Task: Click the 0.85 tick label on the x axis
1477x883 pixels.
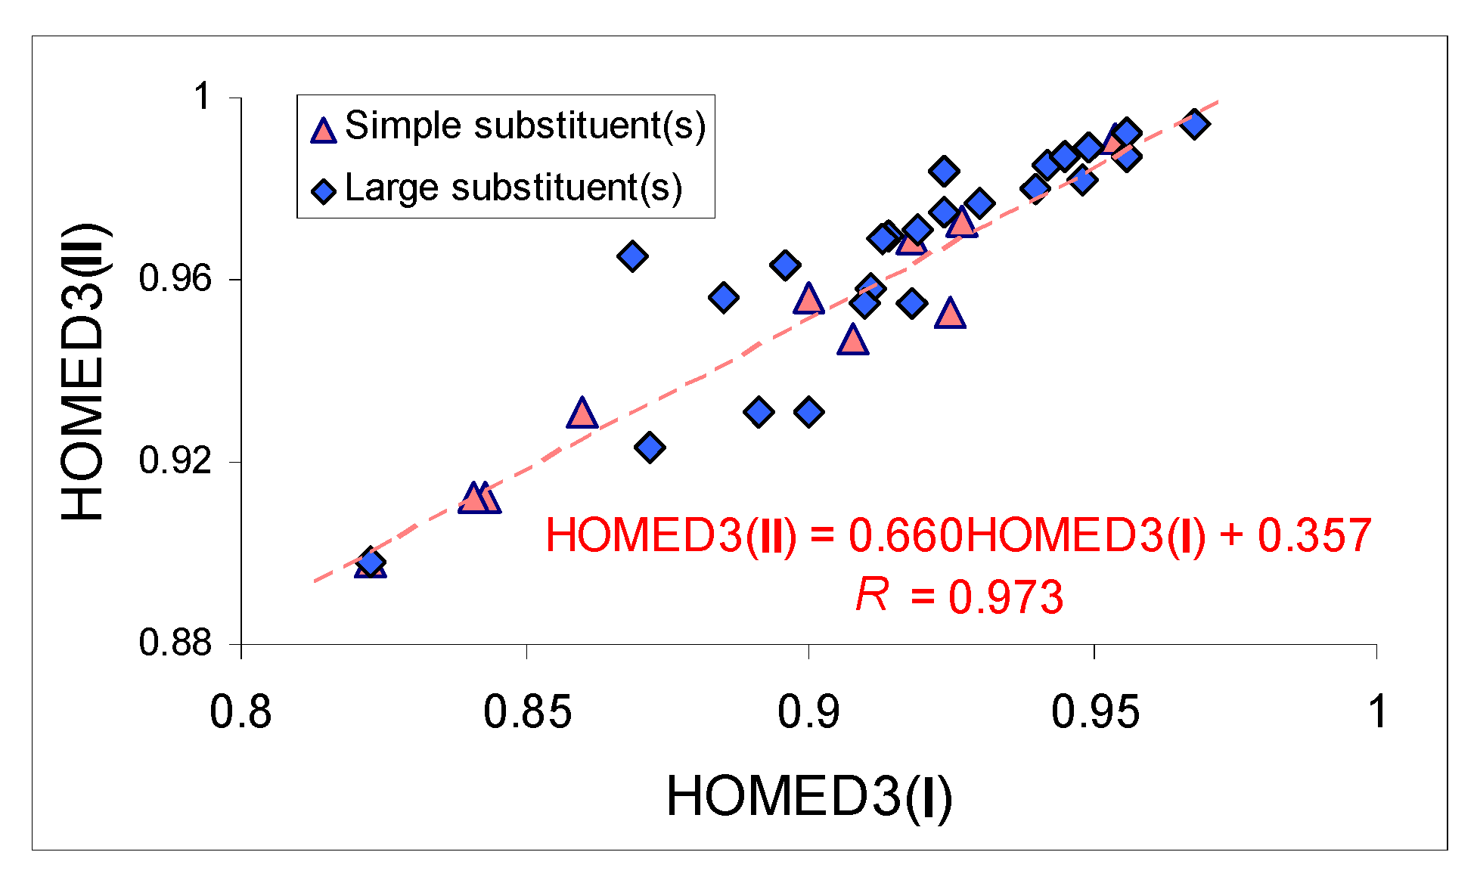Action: click(527, 713)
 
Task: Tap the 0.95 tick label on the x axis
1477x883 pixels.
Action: click(1095, 713)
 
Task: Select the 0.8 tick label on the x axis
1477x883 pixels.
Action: click(240, 713)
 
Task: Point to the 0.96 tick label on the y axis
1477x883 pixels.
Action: click(175, 279)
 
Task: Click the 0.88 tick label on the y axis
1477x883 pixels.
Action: click(175, 643)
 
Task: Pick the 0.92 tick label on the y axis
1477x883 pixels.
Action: click(175, 461)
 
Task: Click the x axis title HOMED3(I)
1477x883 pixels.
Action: click(808, 797)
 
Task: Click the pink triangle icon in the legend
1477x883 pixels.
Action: click(324, 130)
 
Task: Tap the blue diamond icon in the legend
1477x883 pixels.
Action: click(324, 191)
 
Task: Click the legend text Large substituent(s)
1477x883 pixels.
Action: click(514, 188)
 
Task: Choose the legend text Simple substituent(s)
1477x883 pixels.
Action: click(525, 125)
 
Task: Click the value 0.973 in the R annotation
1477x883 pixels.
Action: click(1006, 598)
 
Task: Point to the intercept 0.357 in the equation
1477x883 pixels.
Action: click(1314, 536)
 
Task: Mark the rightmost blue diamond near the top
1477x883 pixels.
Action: click(1195, 124)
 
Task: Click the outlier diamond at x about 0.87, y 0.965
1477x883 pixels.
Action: click(632, 256)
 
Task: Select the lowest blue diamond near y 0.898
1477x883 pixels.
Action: click(370, 562)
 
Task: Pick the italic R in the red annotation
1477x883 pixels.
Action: click(872, 595)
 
